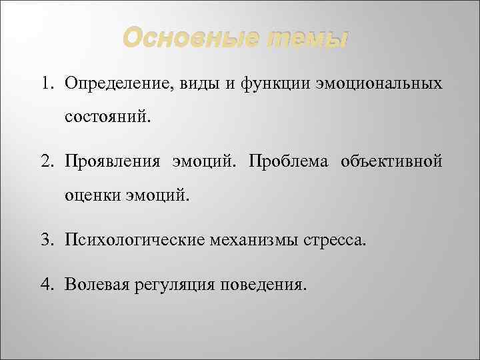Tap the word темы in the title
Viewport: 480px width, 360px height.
tap(308, 39)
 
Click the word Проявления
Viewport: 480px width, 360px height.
tap(111, 163)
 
